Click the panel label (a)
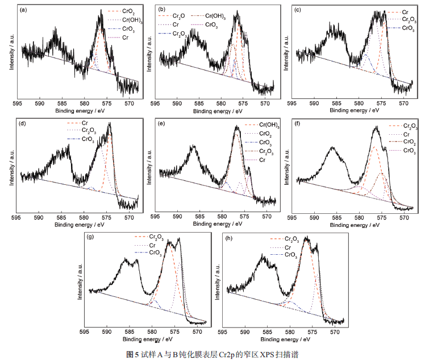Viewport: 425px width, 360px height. pyautogui.click(x=24, y=10)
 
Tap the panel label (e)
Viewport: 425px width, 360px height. pyautogui.click(x=162, y=123)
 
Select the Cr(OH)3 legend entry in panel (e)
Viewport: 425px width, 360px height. pyautogui.click(x=268, y=125)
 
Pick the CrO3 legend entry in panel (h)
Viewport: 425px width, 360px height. pyautogui.click(x=290, y=255)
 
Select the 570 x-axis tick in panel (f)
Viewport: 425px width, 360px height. pyautogui.click(x=403, y=217)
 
